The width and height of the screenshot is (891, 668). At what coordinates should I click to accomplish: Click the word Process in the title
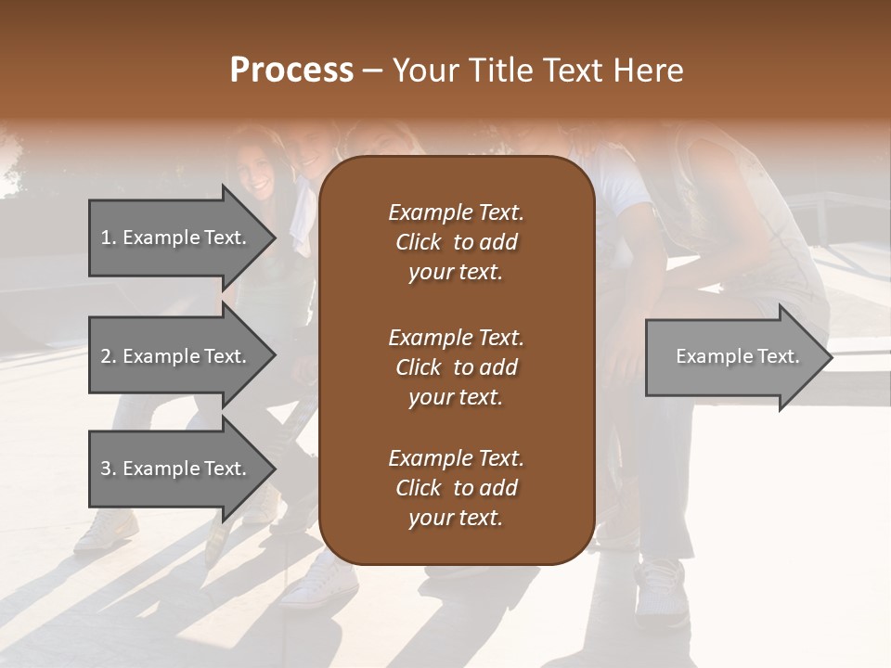tap(291, 71)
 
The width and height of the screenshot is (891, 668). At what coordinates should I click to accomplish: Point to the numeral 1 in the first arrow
tap(106, 238)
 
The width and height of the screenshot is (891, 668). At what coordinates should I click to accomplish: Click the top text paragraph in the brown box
tap(456, 242)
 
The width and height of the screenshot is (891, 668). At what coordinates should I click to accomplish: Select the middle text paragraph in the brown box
tap(456, 367)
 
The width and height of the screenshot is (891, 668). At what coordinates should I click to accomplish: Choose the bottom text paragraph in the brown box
tap(456, 488)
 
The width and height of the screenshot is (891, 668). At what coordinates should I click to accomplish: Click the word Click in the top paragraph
tap(419, 243)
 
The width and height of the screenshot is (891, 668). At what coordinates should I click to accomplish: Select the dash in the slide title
tap(373, 71)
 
